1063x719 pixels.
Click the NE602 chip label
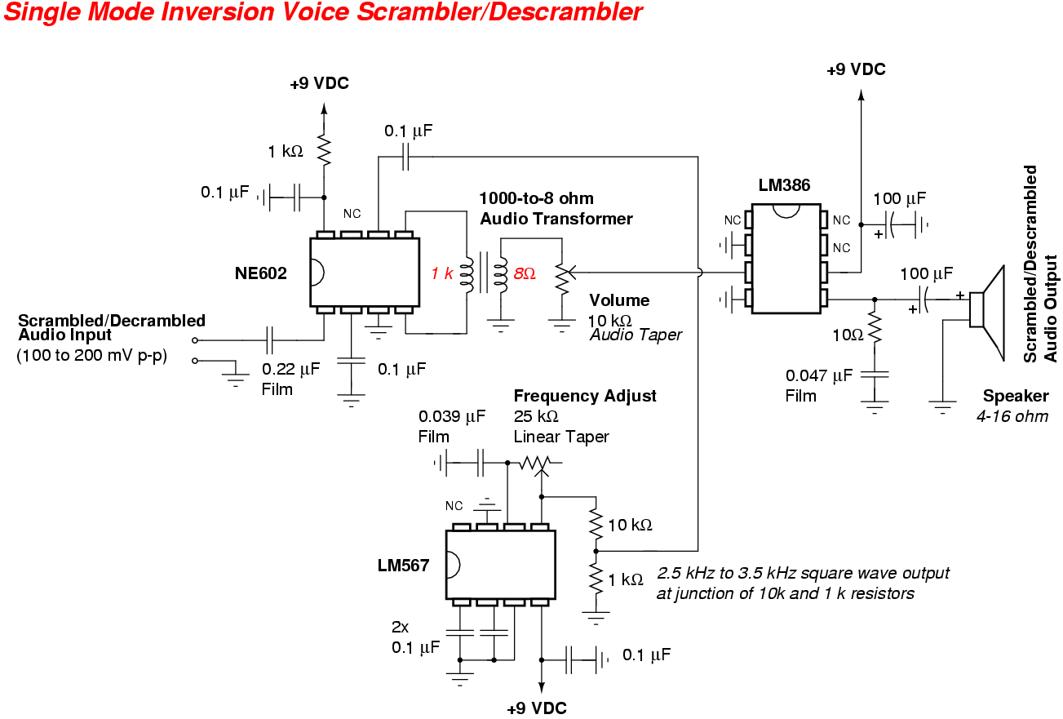(x=261, y=273)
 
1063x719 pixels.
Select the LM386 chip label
(x=784, y=185)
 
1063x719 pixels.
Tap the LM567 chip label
(x=403, y=565)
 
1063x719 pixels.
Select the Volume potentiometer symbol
(x=561, y=278)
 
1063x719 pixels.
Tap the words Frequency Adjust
(x=585, y=396)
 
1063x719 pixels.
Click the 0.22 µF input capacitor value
(x=291, y=369)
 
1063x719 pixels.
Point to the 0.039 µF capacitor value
(x=452, y=416)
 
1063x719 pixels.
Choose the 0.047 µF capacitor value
(x=819, y=375)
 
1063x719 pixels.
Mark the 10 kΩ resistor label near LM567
(x=630, y=525)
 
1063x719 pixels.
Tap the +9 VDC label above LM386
(x=856, y=69)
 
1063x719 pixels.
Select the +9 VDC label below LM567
(x=537, y=708)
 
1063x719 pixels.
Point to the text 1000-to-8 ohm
(x=536, y=198)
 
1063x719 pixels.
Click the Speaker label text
(x=1015, y=396)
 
